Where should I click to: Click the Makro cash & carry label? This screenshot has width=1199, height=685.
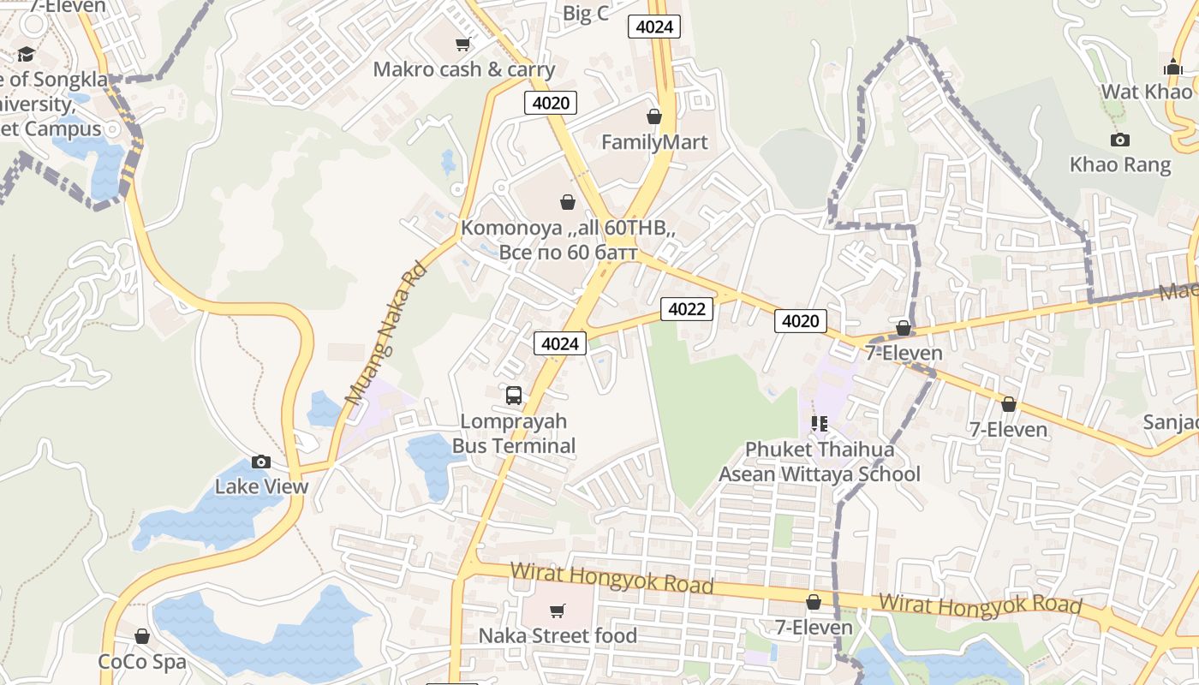click(464, 69)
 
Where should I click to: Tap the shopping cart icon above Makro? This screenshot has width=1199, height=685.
click(463, 44)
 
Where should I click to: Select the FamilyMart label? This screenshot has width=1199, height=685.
click(654, 142)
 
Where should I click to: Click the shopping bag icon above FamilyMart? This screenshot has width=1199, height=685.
click(654, 116)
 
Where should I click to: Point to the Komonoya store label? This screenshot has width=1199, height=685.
click(569, 240)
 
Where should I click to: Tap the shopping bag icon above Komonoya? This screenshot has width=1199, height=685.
click(567, 202)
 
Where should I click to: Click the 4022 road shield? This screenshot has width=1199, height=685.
click(687, 308)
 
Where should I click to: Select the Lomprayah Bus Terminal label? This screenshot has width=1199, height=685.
click(514, 433)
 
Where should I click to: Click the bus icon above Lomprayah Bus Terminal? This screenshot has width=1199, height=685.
click(514, 395)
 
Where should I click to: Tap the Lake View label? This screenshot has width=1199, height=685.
click(261, 487)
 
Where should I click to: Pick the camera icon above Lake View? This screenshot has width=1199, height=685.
click(261, 462)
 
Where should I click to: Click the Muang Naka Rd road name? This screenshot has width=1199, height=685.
click(385, 335)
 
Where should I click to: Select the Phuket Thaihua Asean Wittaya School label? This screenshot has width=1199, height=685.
click(820, 462)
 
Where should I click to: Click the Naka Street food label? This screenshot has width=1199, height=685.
click(558, 635)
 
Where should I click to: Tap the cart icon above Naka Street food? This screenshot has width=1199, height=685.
click(558, 611)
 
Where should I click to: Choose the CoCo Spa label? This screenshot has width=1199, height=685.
click(141, 662)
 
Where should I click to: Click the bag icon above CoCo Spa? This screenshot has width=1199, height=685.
click(142, 636)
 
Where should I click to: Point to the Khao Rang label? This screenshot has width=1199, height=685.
click(1120, 164)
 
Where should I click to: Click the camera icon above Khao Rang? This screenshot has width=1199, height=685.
click(1120, 140)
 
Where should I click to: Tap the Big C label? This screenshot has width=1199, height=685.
click(586, 14)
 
